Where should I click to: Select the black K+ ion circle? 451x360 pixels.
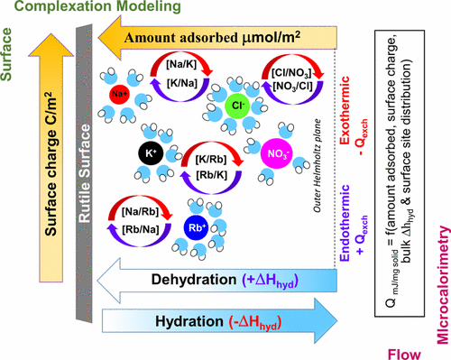151,154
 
